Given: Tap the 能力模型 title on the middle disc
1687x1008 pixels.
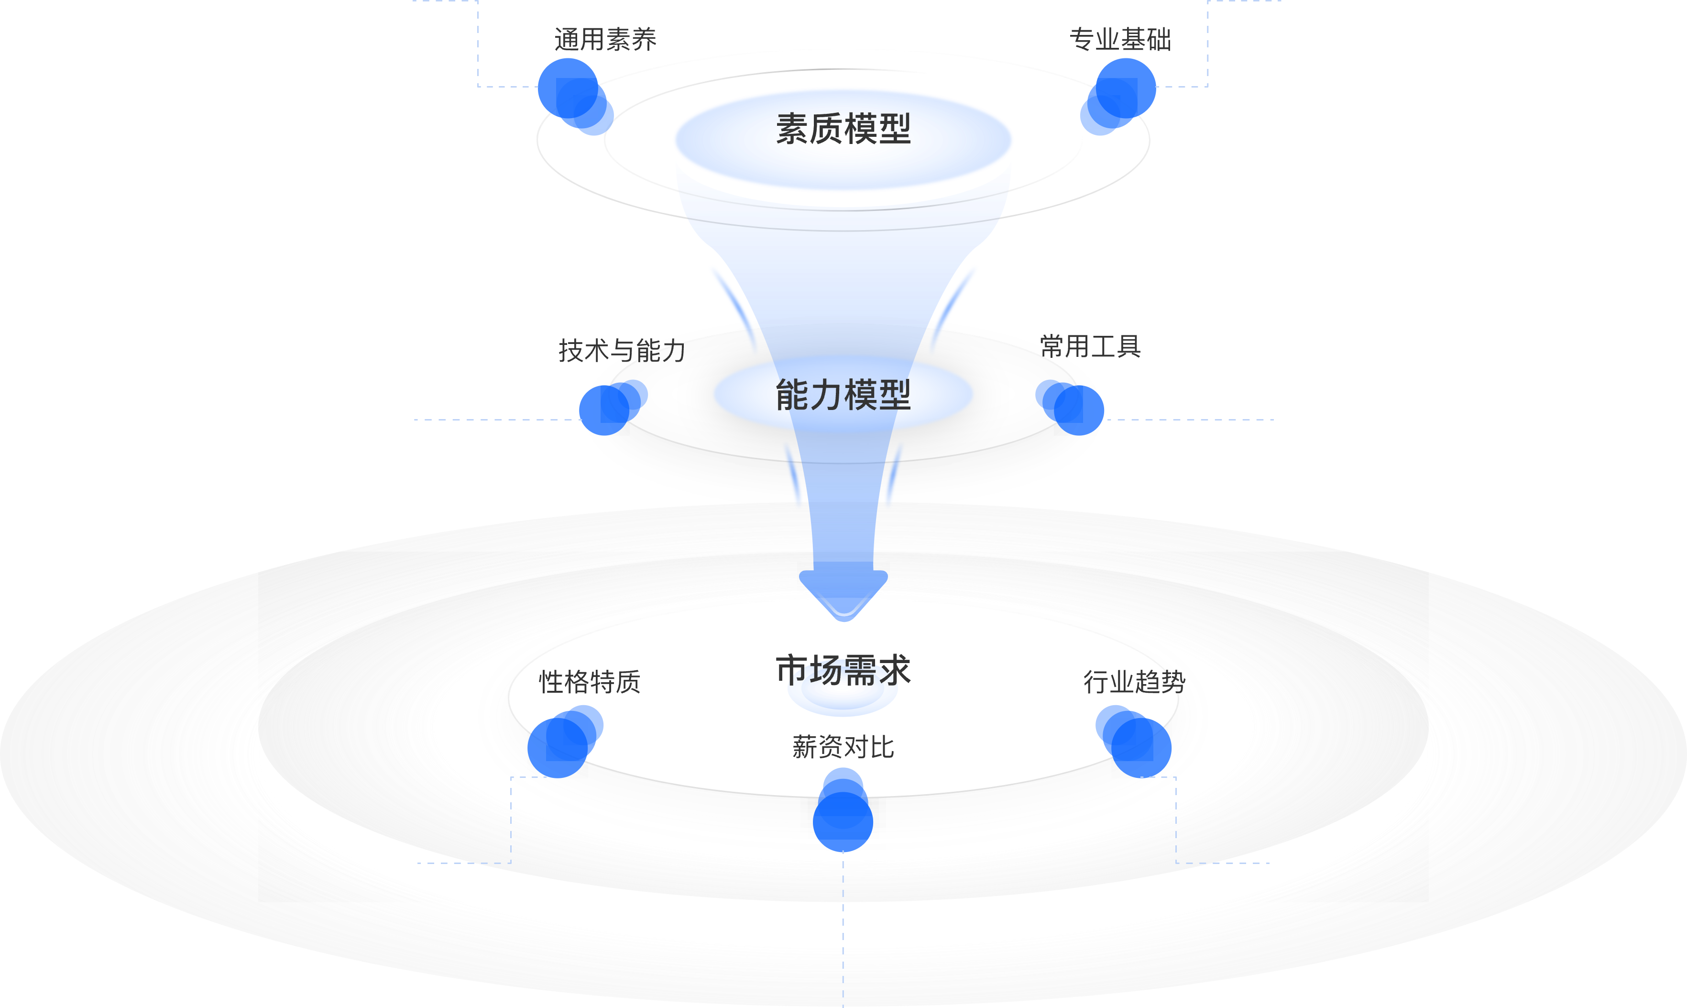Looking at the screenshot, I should (x=843, y=395).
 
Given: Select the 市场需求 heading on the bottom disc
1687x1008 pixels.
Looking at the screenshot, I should (x=843, y=670).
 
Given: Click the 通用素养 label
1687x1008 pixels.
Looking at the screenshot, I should (x=605, y=39).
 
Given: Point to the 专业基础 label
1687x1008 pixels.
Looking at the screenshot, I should (x=1120, y=39).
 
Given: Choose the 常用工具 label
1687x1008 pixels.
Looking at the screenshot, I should (x=1090, y=346).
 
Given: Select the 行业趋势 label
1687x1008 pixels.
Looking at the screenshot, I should (x=1134, y=682).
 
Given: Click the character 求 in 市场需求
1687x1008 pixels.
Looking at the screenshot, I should (x=894, y=670).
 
